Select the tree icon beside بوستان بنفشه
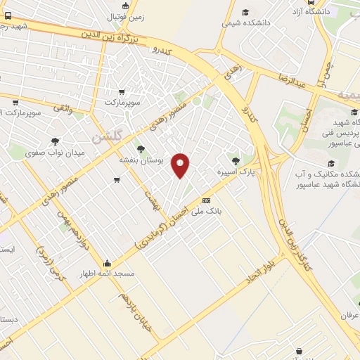(140, 149)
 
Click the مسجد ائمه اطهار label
(108, 274)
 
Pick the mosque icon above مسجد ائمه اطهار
(107, 262)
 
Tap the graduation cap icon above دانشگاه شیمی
(245, 12)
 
